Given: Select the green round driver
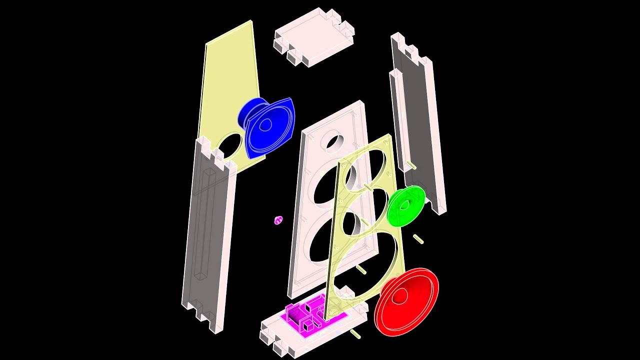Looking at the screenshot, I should click(405, 205).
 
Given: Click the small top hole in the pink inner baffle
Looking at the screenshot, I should click(332, 141).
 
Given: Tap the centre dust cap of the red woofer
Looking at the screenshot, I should click(399, 296).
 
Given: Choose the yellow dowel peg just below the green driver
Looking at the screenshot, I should click(418, 239).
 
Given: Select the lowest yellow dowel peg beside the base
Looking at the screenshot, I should click(355, 333).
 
